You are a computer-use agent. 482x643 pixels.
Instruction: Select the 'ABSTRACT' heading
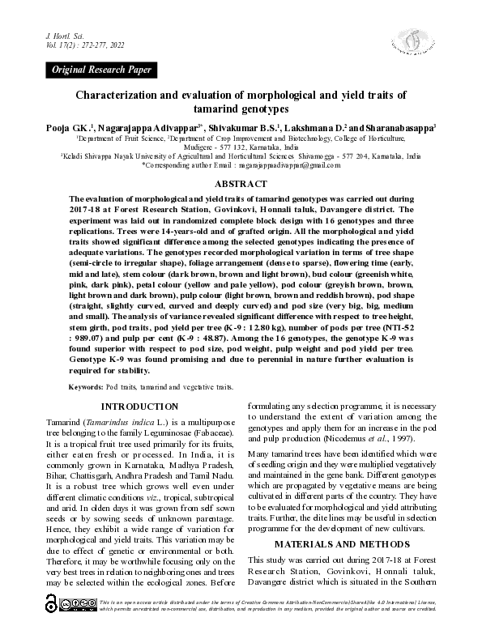coord(241,185)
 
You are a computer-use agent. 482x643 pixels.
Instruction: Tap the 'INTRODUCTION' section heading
coord(139,406)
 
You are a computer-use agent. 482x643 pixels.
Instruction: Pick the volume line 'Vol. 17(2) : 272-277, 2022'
coord(85,47)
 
